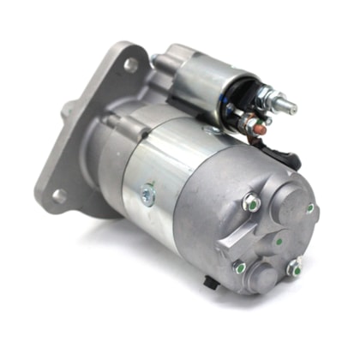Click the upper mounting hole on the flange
point(131,64)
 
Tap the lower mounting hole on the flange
point(59,196)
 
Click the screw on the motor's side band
point(147,195)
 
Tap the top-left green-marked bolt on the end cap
point(251,203)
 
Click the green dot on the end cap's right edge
point(310,207)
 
